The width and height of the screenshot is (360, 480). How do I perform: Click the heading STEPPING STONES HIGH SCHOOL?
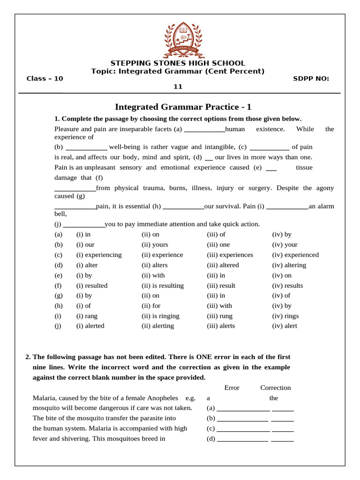[x=178, y=63]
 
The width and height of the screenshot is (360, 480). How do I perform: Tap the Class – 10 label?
[x=45, y=78]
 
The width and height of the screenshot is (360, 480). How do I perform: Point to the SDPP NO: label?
[x=311, y=78]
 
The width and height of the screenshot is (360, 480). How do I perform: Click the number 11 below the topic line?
[x=178, y=86]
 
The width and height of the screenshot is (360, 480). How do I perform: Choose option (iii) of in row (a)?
[x=216, y=234]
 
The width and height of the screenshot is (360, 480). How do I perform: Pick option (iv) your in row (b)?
[x=285, y=245]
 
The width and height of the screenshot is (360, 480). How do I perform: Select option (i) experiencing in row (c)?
[x=99, y=255]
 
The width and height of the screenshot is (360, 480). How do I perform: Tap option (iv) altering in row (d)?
[x=289, y=265]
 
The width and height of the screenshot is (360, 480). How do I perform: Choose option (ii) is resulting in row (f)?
[x=163, y=285]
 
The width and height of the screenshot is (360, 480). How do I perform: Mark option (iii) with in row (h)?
[x=219, y=306]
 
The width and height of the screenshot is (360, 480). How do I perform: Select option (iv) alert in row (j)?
[x=285, y=326]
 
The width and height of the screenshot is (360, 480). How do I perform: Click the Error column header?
[x=232, y=388]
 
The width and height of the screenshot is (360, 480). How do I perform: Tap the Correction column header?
[x=276, y=388]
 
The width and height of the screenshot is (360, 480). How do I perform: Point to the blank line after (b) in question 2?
[x=244, y=419]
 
